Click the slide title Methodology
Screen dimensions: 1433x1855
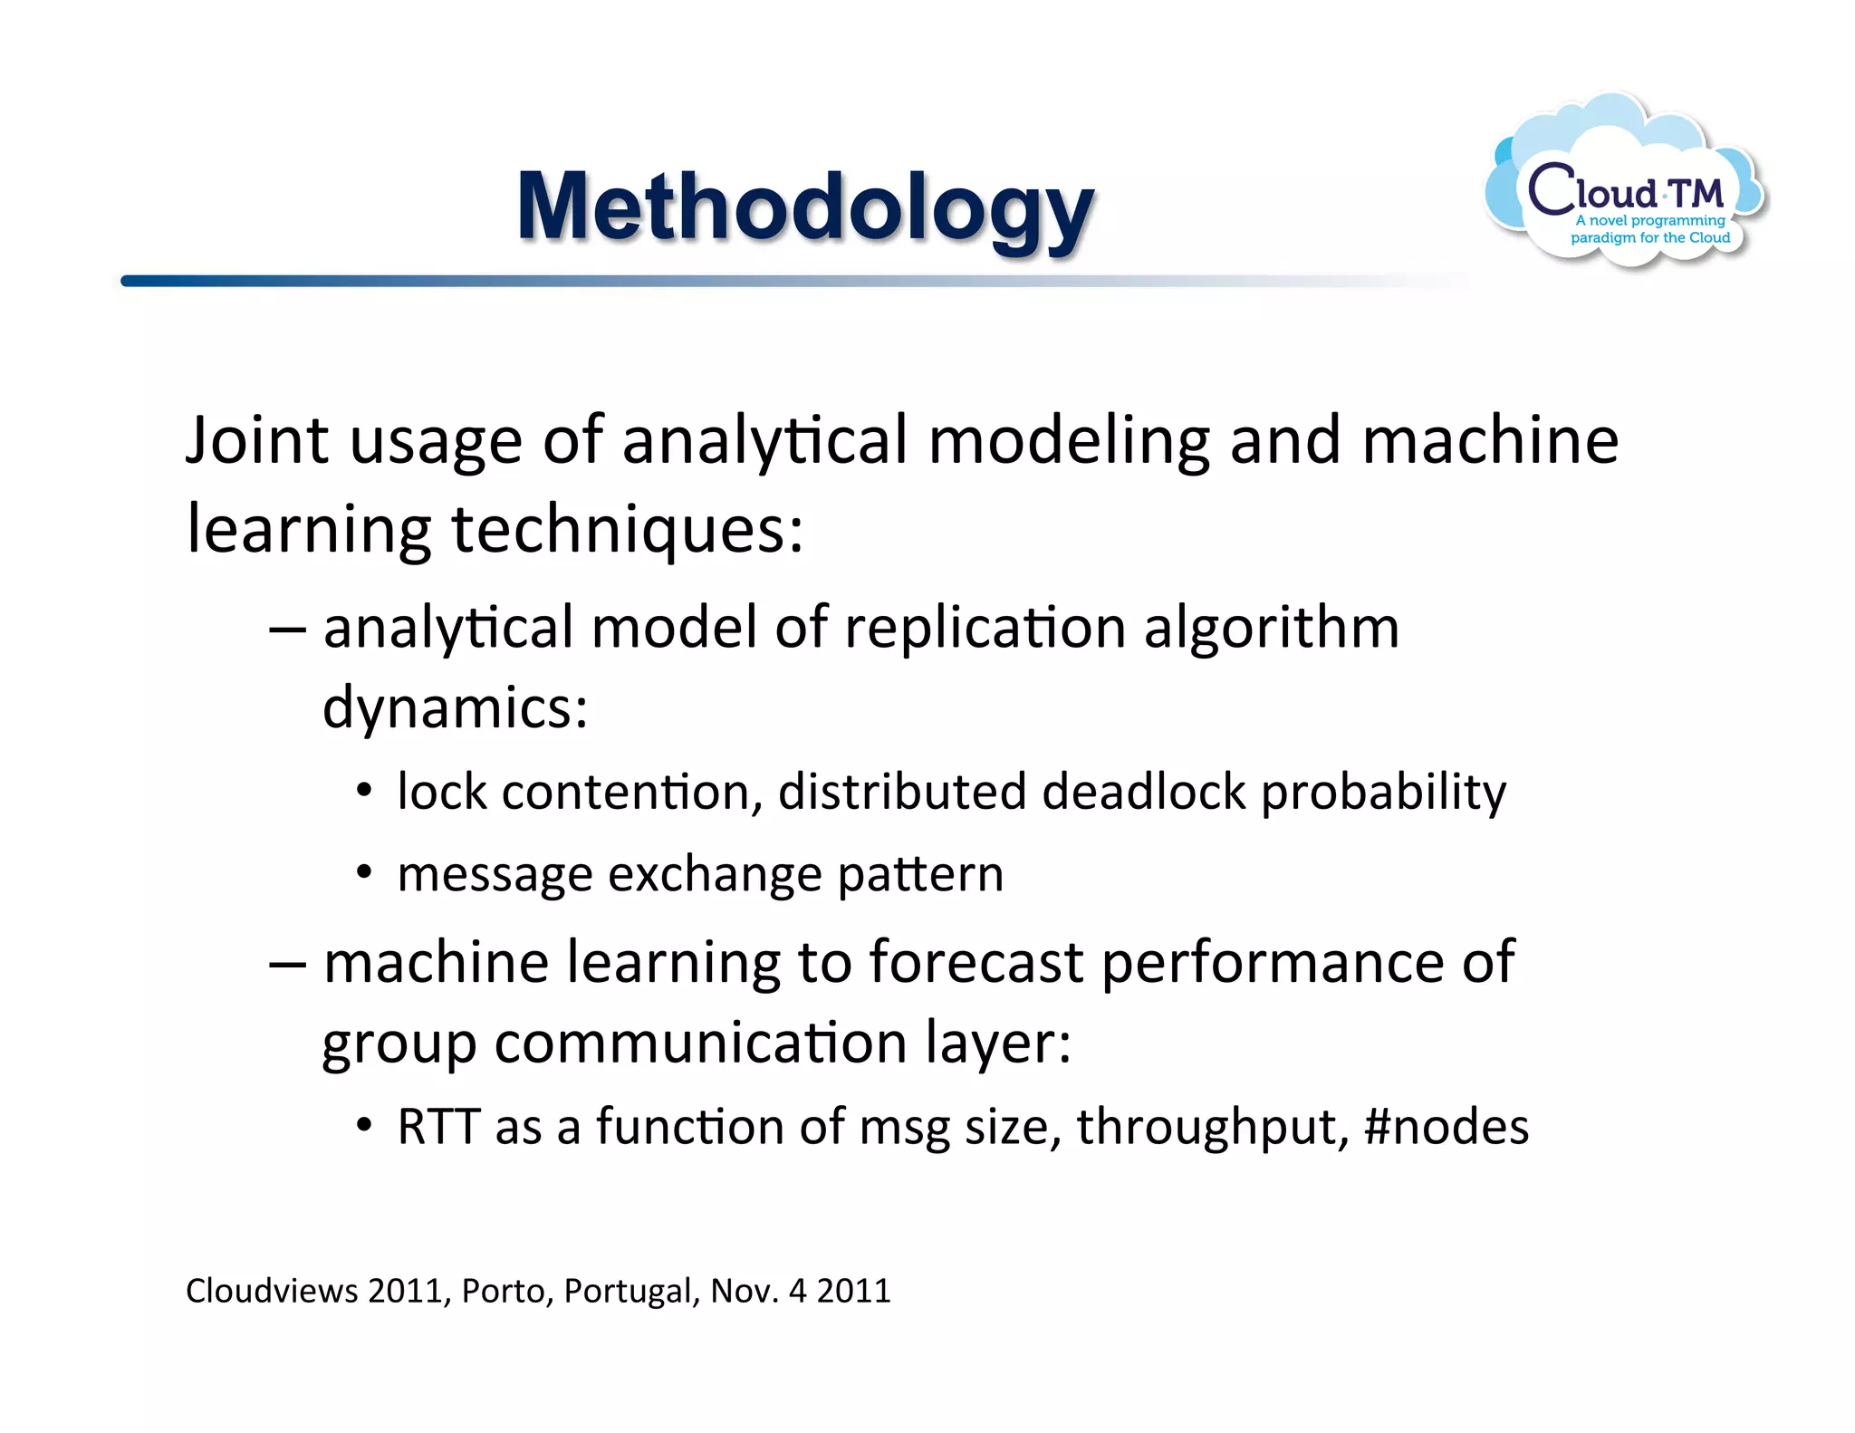tap(805, 208)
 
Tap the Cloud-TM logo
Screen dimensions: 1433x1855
tap(1626, 186)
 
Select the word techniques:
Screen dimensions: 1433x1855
tap(627, 530)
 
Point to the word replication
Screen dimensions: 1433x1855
tap(985, 628)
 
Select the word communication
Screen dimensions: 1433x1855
tap(700, 1043)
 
